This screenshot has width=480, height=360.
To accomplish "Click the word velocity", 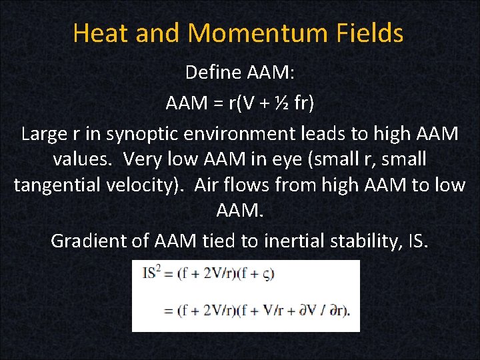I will click(147, 185).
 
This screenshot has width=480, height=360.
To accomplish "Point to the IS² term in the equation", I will click(150, 273).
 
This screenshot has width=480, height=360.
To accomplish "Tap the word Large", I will click(44, 134).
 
